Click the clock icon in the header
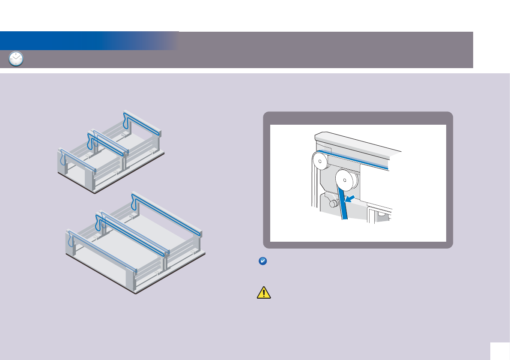point(16,59)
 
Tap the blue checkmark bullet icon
point(263,261)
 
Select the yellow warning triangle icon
point(264,292)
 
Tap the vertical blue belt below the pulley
point(344,206)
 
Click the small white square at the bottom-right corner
point(500,351)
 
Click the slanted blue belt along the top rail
point(360,159)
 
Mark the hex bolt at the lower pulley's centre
point(346,179)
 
